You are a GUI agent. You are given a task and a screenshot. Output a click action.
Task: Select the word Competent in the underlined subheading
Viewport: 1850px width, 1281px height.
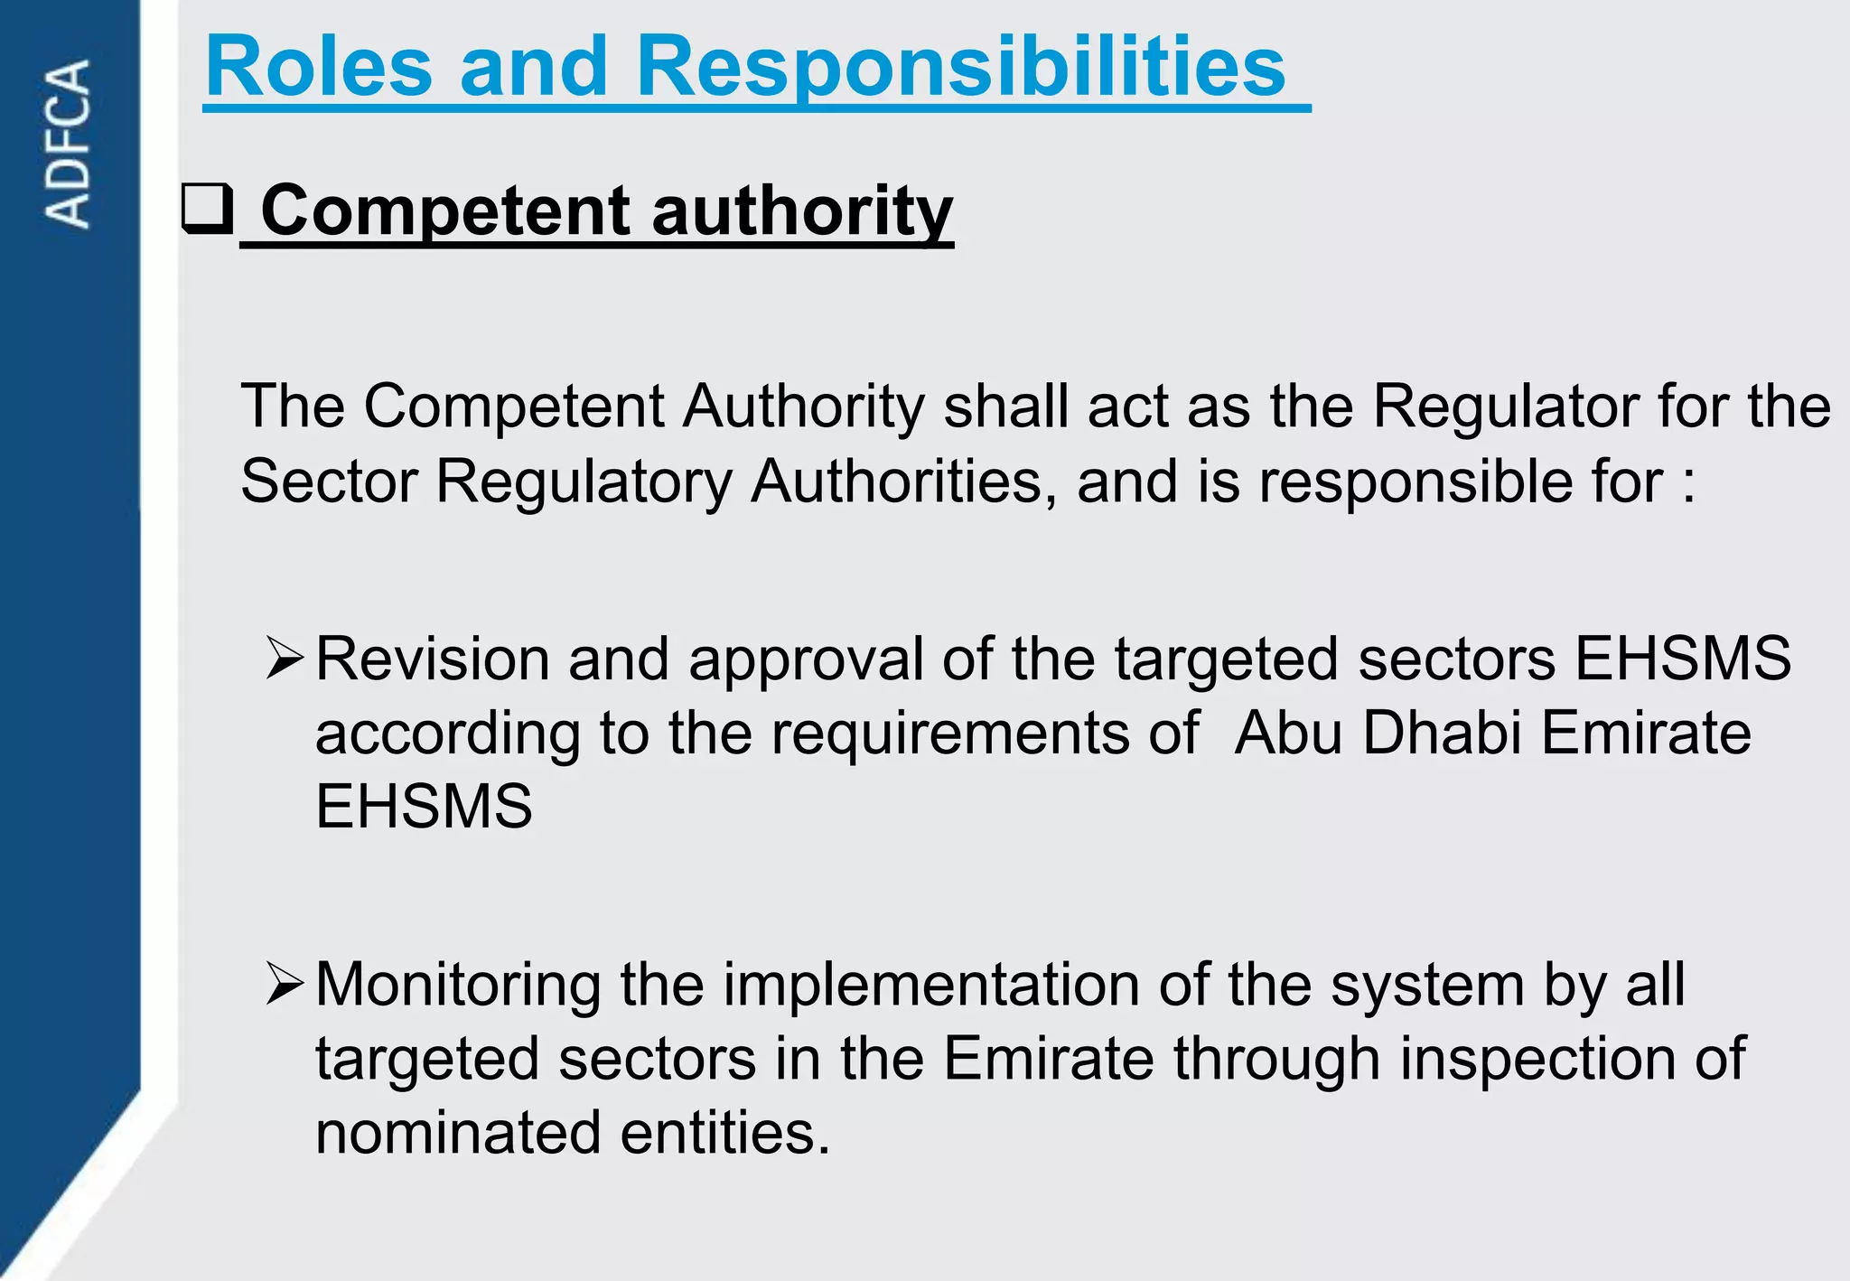pyautogui.click(x=446, y=211)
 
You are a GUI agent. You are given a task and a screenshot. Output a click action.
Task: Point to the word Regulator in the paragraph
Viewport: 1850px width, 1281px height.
pyautogui.click(x=1505, y=406)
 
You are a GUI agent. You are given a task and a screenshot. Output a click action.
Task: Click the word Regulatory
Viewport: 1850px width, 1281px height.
pyautogui.click(x=584, y=481)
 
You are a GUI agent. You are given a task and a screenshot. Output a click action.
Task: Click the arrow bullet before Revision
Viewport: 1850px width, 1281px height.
pyautogui.click(x=285, y=658)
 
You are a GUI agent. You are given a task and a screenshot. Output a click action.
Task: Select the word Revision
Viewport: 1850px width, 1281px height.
pyautogui.click(x=433, y=658)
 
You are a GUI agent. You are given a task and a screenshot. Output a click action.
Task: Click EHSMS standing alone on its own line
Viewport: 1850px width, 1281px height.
pyautogui.click(x=424, y=806)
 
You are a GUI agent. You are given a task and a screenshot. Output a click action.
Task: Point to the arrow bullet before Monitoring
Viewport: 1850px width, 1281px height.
pyautogui.click(x=285, y=984)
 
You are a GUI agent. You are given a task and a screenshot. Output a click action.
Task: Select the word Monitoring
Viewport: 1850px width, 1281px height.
pyautogui.click(x=458, y=985)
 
